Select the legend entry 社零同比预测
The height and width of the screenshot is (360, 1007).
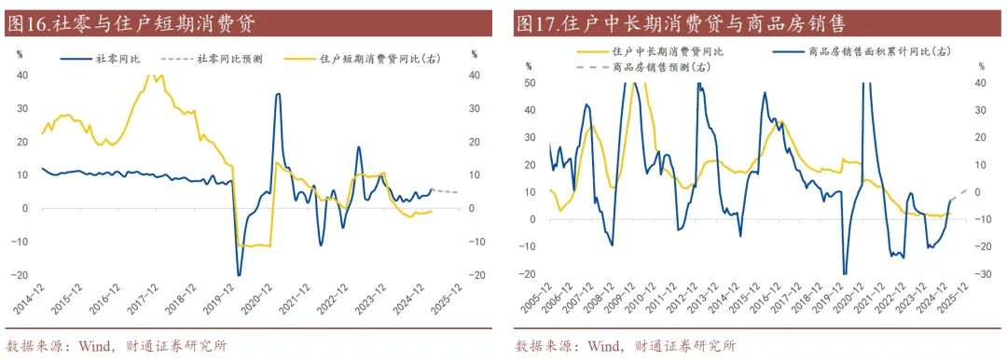228,58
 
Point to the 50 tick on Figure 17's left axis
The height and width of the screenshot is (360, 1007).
531,84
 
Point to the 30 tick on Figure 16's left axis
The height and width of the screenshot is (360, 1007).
22,108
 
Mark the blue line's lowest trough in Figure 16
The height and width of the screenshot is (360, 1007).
239,274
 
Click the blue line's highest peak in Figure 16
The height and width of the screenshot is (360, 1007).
278,94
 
